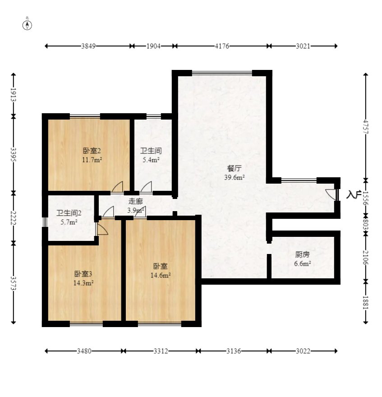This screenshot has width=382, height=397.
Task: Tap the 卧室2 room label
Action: tap(92, 151)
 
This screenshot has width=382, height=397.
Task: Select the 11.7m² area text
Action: tap(92, 160)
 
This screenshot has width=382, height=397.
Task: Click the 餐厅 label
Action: tap(234, 168)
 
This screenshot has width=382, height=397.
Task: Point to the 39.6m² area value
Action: tap(234, 177)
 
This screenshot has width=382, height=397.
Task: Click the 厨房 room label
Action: tap(302, 254)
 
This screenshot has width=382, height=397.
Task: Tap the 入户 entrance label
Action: tap(354, 195)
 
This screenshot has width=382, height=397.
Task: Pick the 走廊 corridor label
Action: tap(135, 202)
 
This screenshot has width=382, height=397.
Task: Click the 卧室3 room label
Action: tap(83, 274)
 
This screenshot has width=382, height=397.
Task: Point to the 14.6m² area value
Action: tap(161, 275)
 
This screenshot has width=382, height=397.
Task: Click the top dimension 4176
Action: tap(222, 46)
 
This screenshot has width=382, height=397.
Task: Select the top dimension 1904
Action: tap(153, 46)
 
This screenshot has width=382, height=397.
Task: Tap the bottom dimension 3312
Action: tap(161, 351)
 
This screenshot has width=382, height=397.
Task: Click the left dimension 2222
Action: tap(14, 218)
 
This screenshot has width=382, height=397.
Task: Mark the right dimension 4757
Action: tap(366, 127)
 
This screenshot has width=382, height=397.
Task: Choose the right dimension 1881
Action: tap(366, 302)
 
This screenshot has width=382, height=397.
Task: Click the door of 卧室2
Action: tap(117, 187)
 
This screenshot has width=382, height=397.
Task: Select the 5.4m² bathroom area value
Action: tap(151, 160)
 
